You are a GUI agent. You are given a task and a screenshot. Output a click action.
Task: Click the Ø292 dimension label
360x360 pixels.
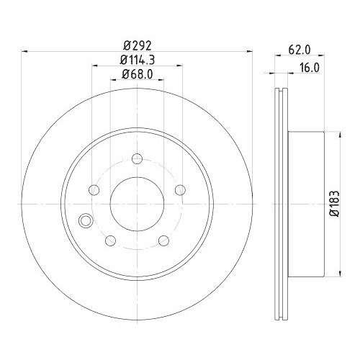pyautogui.click(x=138, y=43)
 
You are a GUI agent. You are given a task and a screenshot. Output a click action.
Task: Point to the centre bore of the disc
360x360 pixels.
pyautogui.click(x=136, y=204)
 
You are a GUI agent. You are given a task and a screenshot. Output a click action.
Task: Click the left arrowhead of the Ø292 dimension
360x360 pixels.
pyautogui.click(x=26, y=51)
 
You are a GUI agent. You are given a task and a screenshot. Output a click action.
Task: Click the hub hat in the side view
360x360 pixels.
pyautogui.click(x=306, y=204)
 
